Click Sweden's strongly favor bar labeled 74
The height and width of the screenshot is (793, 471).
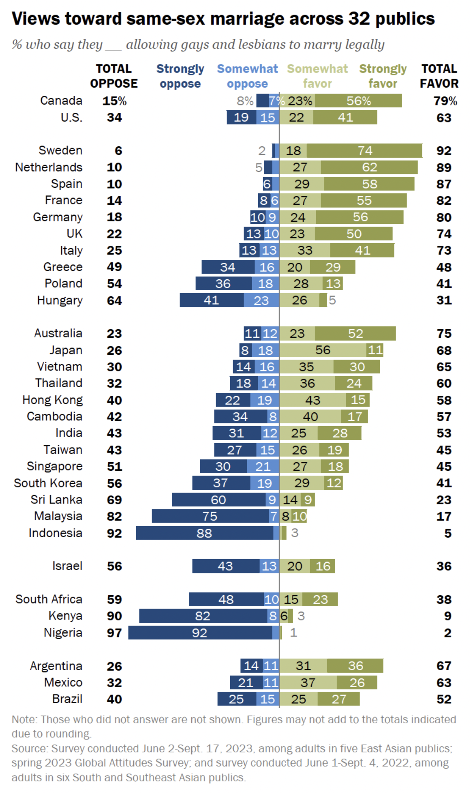coord(364,150)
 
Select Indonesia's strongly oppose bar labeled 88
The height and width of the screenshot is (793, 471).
coord(204,533)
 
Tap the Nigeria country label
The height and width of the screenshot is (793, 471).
coord(63,632)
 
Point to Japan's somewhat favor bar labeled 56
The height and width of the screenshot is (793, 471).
coord(323,350)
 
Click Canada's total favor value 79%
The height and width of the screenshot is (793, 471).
coord(445,101)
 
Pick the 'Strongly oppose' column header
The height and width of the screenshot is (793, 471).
coord(180,76)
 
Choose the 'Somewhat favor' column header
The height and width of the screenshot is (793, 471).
coord(317,76)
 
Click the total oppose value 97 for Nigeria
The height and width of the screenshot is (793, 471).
coord(114,632)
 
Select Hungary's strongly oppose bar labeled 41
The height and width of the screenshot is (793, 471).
coord(211,300)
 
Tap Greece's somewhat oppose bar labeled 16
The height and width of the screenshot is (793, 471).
coord(267,267)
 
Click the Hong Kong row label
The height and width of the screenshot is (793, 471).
coord(53,400)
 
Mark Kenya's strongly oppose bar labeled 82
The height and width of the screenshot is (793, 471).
coord(203,616)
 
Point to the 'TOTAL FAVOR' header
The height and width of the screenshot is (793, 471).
coord(439,76)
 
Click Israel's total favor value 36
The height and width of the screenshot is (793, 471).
coord(444,566)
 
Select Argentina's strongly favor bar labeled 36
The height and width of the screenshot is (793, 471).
coord(355,666)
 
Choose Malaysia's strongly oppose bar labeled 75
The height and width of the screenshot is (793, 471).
coord(210,516)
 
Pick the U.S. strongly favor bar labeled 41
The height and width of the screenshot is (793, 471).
coord(345,118)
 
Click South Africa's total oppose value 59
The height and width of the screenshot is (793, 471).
coord(114,599)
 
